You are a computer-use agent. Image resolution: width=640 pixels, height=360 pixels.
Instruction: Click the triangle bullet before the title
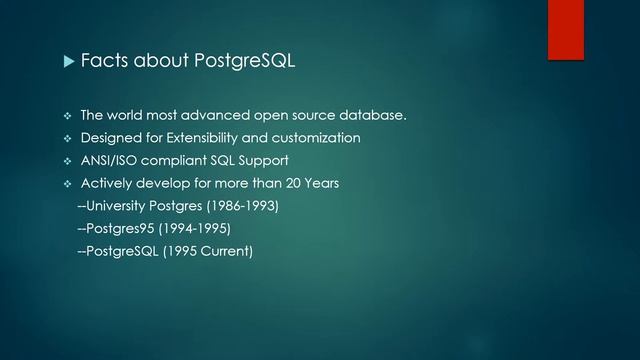69,63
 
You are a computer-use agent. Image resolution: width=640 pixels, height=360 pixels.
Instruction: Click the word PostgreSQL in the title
245,63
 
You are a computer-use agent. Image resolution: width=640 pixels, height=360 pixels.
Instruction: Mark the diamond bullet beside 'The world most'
69,115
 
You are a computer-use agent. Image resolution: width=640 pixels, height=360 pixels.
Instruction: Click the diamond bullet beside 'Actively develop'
69,183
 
